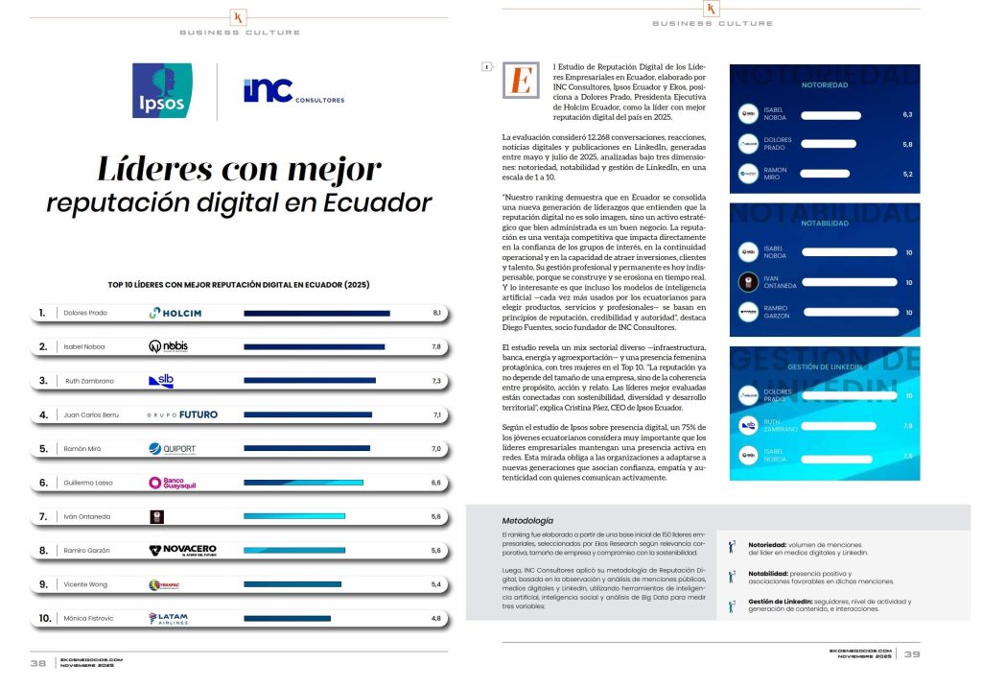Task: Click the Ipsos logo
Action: tap(162, 91)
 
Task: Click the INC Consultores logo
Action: tap(293, 92)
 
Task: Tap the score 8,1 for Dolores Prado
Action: tap(436, 313)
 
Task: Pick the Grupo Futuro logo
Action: tap(182, 415)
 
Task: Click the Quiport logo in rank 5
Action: tap(174, 448)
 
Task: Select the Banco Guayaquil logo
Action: tap(173, 483)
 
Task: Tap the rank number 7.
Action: tap(42, 516)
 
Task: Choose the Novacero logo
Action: tap(182, 550)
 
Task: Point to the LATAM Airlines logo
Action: tap(173, 618)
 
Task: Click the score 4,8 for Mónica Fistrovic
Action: tap(436, 618)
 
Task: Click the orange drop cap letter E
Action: tap(521, 81)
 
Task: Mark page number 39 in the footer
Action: tap(912, 654)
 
